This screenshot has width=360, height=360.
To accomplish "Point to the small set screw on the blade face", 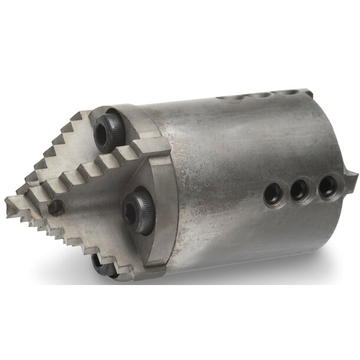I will point(56,207).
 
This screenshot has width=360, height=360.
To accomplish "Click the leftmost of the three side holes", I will point(273,193).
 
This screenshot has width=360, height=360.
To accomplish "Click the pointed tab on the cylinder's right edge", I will point(353,174).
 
